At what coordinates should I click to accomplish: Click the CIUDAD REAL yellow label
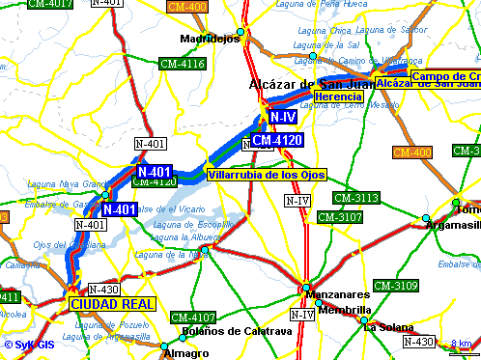[112, 303]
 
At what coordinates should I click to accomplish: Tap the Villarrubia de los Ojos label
[268, 175]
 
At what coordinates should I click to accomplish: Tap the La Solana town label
[383, 326]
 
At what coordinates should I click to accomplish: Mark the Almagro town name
[186, 353]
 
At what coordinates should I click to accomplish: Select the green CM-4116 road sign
[183, 64]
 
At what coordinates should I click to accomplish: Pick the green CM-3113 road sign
[355, 198]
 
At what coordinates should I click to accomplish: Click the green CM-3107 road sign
[340, 217]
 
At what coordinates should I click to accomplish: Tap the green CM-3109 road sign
[395, 286]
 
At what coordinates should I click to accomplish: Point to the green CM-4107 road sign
[192, 318]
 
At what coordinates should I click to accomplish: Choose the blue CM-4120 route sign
[278, 141]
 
